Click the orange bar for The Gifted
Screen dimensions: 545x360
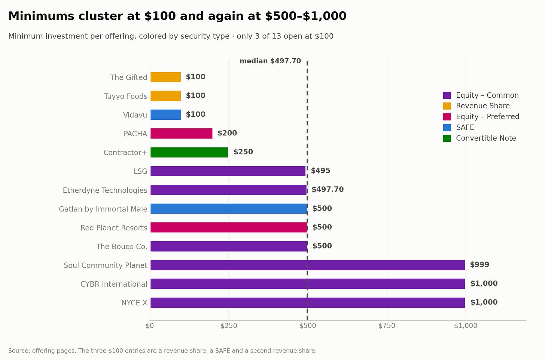[165, 77]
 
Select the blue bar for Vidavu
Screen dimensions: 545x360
[165, 115]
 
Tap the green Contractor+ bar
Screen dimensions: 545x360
[189, 152]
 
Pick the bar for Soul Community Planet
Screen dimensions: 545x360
[308, 265]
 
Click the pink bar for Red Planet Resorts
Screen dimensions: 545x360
[229, 228]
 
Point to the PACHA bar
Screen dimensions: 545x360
[181, 133]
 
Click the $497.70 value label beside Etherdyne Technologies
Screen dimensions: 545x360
[328, 189]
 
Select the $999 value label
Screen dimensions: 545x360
[479, 265]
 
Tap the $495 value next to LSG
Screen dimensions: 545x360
[320, 171]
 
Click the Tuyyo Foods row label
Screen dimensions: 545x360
[125, 96]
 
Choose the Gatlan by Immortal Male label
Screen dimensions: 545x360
[103, 209]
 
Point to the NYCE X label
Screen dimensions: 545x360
[134, 303]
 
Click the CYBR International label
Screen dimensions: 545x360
[114, 284]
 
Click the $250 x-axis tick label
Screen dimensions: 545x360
[229, 326]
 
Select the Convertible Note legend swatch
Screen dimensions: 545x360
[447, 138]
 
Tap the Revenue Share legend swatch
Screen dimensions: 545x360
[447, 106]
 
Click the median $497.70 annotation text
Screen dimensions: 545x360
[270, 61]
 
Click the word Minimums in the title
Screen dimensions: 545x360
[41, 16]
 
